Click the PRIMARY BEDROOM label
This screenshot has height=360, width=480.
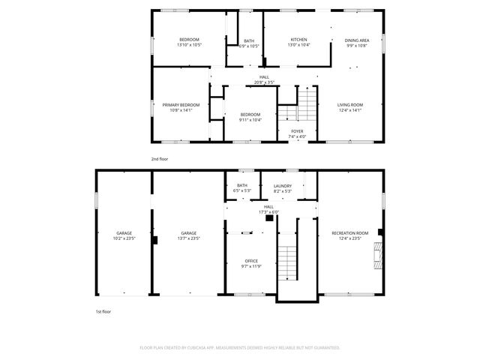(x=181, y=104)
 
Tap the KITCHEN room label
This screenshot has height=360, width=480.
(x=298, y=39)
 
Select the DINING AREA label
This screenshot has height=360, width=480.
(x=356, y=40)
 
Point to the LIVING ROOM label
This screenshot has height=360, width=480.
(x=349, y=104)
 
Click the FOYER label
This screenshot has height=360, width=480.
(x=298, y=130)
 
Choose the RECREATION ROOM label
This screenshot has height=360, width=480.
(x=350, y=233)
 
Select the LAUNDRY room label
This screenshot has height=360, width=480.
(x=283, y=185)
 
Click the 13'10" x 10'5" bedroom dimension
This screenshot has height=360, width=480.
(x=189, y=45)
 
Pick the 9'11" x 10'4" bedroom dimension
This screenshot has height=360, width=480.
(x=250, y=120)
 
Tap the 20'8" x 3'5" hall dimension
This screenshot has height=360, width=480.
(x=264, y=82)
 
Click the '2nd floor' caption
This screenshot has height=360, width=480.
(x=160, y=159)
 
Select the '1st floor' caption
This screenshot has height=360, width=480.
(x=102, y=310)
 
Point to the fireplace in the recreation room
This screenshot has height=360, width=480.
(x=379, y=256)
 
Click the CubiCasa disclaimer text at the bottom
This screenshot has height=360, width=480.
(x=240, y=348)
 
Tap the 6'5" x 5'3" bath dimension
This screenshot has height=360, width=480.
(x=242, y=190)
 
